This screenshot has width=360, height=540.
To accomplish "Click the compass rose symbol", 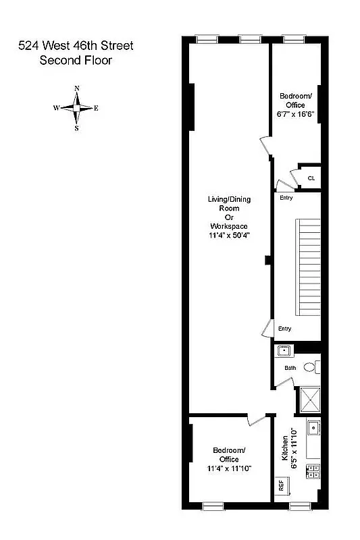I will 77,108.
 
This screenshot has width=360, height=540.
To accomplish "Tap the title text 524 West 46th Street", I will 76,46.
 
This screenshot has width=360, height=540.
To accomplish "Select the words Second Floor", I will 76,60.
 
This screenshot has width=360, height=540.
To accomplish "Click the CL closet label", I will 311,178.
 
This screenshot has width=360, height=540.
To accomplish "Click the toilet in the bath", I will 311,367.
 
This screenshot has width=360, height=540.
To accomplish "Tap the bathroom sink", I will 284,350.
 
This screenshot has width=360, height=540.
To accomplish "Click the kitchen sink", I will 313,429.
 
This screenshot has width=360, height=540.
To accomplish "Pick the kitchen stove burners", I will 313,472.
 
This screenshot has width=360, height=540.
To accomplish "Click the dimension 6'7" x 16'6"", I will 296,115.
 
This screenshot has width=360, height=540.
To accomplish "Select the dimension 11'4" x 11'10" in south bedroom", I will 230,468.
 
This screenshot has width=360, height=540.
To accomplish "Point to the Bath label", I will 290,368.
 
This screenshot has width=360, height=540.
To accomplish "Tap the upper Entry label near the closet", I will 286,198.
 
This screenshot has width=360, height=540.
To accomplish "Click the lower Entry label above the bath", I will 285,329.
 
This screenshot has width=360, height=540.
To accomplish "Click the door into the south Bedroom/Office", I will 256,420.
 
